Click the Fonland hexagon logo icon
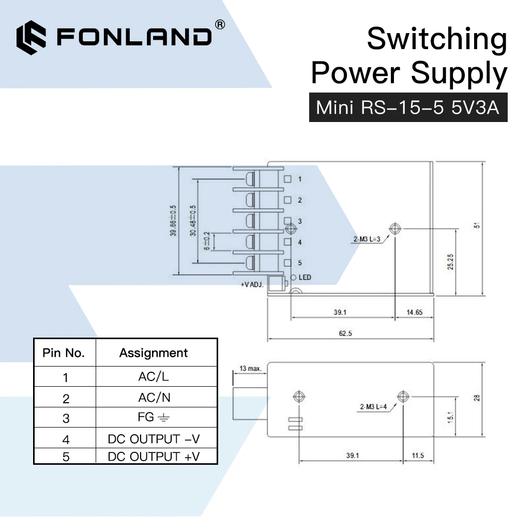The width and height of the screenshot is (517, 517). point(32,38)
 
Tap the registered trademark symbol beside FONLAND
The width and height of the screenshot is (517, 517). point(220,25)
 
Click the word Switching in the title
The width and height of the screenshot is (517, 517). point(437,40)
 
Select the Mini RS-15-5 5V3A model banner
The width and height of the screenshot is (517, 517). point(408,108)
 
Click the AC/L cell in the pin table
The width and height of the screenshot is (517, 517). point(154,376)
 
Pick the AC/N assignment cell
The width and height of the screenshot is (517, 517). point(154,397)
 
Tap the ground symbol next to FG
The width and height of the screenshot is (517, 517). point(163,418)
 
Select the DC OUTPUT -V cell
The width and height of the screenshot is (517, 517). point(154,439)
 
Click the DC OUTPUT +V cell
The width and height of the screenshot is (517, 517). point(154,457)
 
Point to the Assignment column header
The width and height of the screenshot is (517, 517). point(154,353)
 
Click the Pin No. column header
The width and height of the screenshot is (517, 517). point(64,353)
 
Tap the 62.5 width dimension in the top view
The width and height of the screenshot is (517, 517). point(345,333)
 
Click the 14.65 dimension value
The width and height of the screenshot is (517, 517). point(415,312)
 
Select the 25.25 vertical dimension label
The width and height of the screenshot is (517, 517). point(450,262)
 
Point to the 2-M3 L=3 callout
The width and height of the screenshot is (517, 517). point(367,239)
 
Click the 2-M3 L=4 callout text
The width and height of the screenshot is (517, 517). point(373,406)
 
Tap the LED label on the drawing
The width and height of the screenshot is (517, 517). point(305,277)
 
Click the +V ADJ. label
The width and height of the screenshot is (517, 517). point(252,284)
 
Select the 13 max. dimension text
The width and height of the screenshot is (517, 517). point(250,368)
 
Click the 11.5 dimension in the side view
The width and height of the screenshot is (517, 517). point(418,455)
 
